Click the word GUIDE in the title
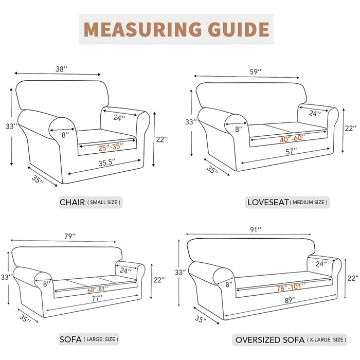pos(239,29)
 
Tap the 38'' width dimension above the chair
pos(61,69)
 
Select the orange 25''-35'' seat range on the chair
pos(111,147)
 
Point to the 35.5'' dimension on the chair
pos(107,163)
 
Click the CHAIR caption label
pos(72,202)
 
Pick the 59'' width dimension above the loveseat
pos(256,71)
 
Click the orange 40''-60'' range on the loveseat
pos(292,138)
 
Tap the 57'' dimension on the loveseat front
pos(291,151)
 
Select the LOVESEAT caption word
pos(268,202)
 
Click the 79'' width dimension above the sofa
pos(70,236)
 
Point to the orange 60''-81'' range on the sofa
pos(97,290)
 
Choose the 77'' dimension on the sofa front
pos(97,299)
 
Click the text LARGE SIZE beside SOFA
pos(101,339)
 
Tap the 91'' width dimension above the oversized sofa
pos(256,229)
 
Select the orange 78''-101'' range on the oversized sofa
pos(291,287)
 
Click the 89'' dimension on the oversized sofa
pos(290,300)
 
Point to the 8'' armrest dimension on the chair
pos(65,135)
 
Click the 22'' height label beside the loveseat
pos(351,128)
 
